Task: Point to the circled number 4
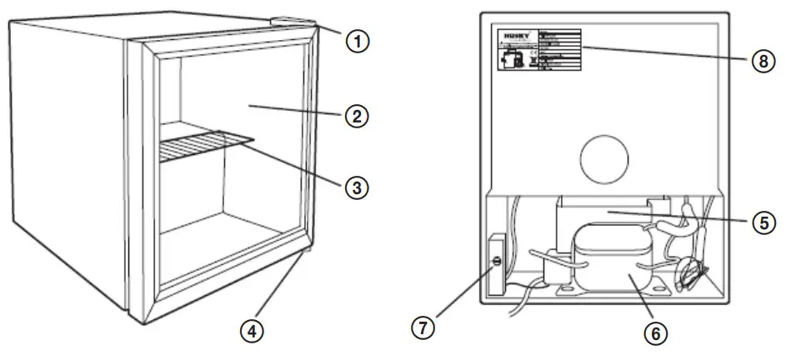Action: point(253,330)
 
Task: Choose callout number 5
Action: point(763,222)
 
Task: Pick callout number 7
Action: point(425,326)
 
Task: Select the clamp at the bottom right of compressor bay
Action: point(689,271)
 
